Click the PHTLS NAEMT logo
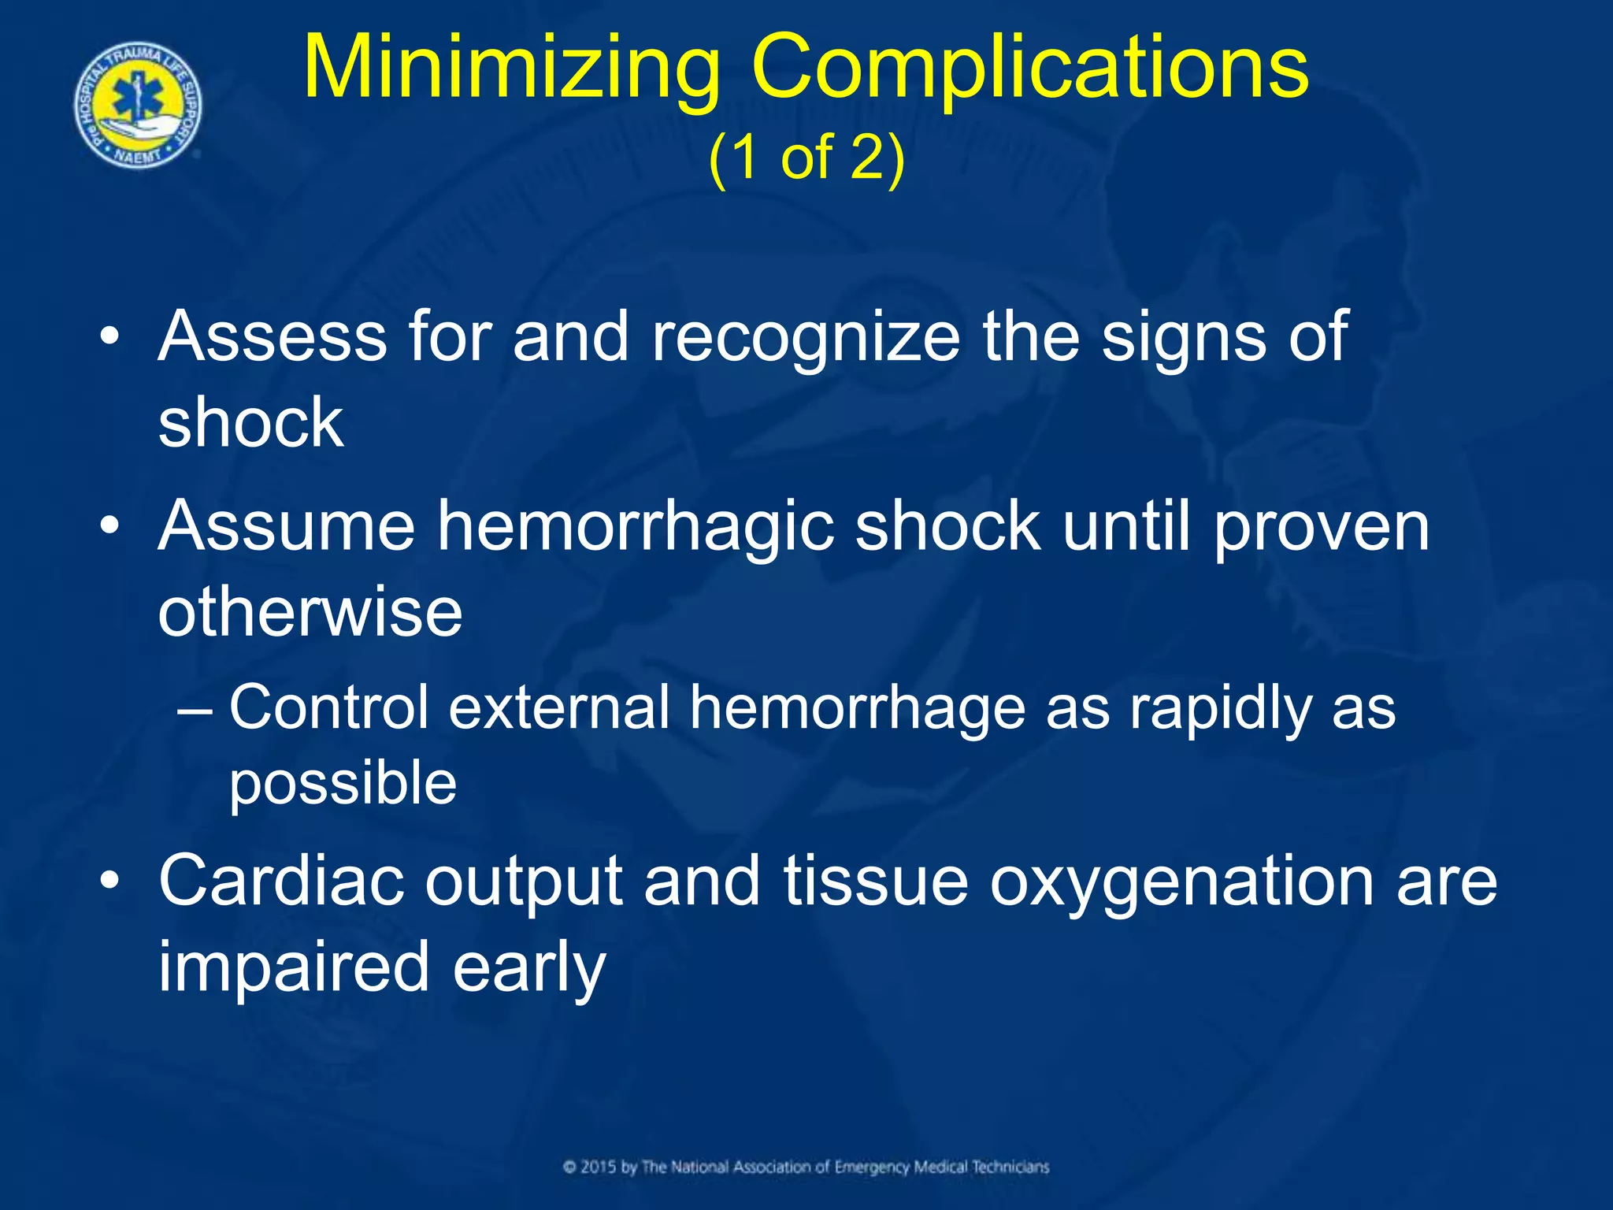[139, 106]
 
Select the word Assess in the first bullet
[273, 337]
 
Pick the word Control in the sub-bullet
[329, 707]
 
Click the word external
[559, 707]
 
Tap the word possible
[343, 784]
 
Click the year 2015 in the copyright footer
[599, 1167]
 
